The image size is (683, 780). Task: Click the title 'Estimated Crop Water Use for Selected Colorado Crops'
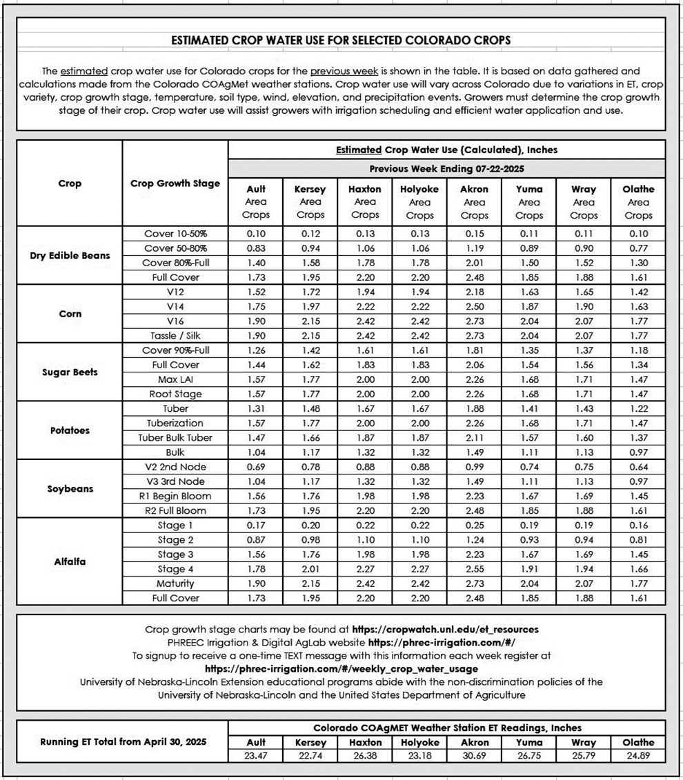point(341,40)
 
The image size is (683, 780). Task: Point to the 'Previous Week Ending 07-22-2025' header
point(446,168)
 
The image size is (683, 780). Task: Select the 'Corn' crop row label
point(70,314)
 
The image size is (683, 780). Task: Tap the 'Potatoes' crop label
point(70,430)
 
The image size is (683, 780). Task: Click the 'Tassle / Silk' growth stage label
point(175,336)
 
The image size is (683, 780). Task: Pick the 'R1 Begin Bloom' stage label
point(175,497)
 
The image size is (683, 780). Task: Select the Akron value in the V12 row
point(474,292)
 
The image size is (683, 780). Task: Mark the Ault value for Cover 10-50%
point(256,234)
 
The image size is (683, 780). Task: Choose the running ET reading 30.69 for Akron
point(474,756)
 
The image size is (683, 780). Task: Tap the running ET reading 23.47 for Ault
point(256,756)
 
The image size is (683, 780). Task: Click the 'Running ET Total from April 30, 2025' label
point(123,742)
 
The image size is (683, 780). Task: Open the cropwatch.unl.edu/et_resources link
point(445,630)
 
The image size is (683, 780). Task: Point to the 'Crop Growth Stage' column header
point(175,183)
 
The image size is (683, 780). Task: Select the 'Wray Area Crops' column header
point(584,202)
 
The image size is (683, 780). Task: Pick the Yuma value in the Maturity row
point(529,584)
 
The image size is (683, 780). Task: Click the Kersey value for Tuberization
point(310,423)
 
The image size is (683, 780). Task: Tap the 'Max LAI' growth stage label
point(175,379)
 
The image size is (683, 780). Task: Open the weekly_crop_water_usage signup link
point(341,669)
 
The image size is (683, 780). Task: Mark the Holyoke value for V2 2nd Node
point(419,467)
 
